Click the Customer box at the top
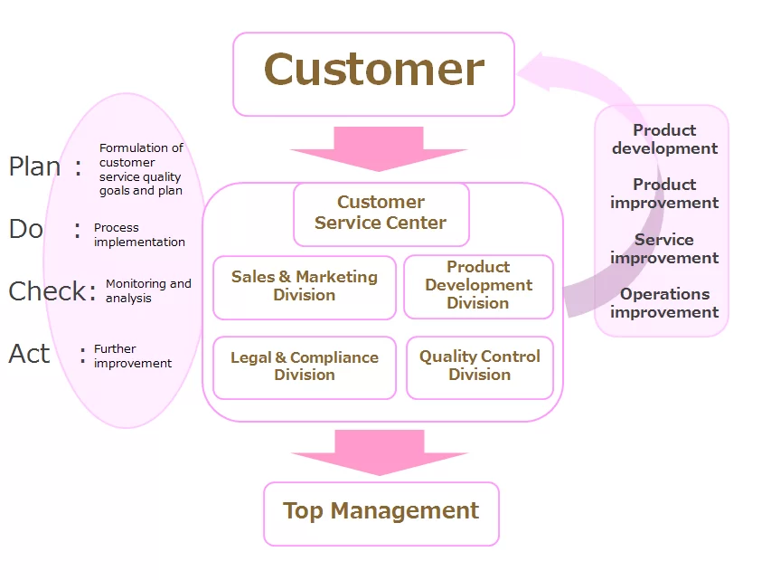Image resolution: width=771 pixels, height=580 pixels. point(373,73)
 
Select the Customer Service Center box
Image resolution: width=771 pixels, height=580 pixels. point(381,214)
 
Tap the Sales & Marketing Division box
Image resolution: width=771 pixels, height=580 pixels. point(305,287)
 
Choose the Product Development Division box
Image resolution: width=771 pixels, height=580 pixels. point(478,286)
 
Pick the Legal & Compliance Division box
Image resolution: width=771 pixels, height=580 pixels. point(305,366)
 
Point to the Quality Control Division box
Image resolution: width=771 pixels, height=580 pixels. point(479,366)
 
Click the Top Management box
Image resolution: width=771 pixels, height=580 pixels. point(381,512)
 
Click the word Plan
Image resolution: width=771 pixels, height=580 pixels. point(34,166)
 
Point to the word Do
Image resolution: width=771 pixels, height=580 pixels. point(25,229)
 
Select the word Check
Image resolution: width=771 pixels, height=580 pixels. point(47,291)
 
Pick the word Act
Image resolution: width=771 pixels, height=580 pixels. point(29,354)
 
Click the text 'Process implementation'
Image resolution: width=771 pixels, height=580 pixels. point(139,235)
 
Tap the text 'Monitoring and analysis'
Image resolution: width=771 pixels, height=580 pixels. point(148,291)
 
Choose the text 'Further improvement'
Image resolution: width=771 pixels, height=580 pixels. point(132,357)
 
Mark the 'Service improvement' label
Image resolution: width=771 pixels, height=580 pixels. point(664,249)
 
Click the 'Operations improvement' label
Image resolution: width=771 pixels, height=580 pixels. point(664,303)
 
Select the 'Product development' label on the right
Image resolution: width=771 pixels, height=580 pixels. point(664,139)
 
